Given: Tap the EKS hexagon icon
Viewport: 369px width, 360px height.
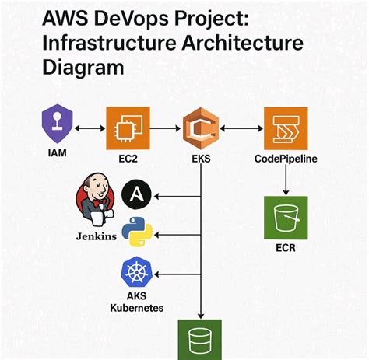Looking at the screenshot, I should pos(201,127).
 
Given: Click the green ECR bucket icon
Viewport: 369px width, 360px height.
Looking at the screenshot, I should pos(286,218).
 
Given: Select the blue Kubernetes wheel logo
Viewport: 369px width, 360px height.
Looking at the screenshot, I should pos(137,273).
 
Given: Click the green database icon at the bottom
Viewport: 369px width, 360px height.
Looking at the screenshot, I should pos(202,339).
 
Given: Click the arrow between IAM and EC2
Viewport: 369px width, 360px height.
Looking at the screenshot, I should pos(91,127).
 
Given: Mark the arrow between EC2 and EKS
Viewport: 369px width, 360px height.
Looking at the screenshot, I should pos(164,127).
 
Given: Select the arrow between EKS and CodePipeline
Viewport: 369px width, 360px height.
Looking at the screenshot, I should pos(241,127).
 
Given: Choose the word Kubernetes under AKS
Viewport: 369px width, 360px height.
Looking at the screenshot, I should pos(137,309).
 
